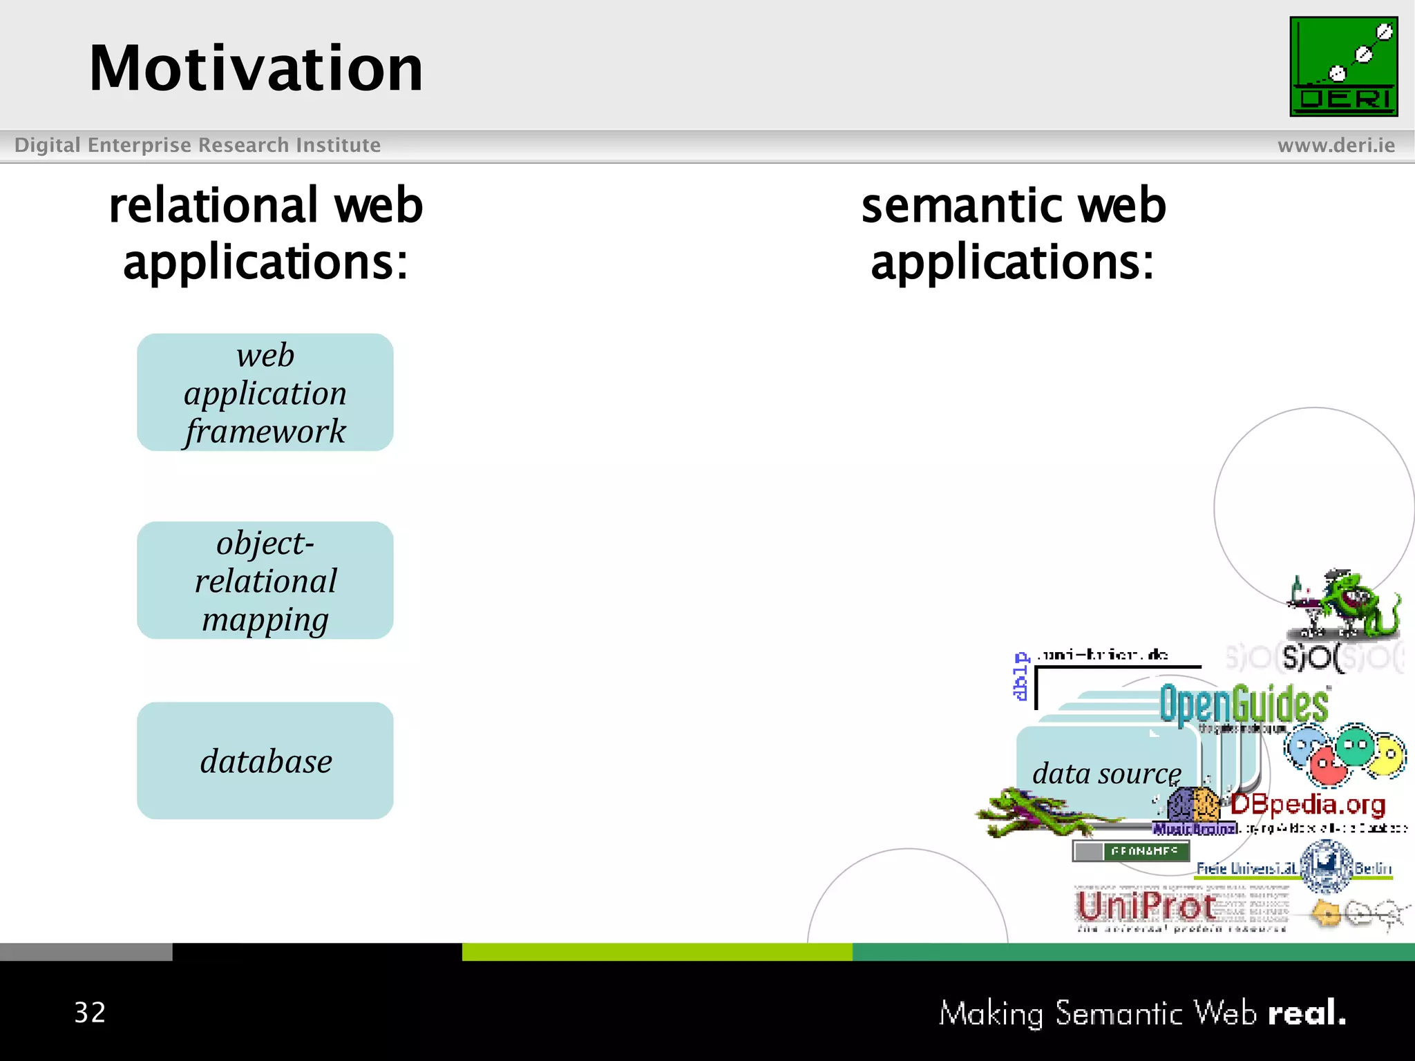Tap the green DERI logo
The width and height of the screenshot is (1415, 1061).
point(1343,66)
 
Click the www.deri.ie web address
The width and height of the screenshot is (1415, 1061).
point(1336,145)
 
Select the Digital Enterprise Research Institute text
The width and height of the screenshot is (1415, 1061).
point(198,145)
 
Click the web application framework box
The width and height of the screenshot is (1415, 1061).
point(265,392)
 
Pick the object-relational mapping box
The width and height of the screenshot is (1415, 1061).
point(265,580)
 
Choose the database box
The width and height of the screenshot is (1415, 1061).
point(265,761)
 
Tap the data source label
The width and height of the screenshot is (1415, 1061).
point(1106,773)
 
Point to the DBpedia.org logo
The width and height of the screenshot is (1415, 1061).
point(1308,805)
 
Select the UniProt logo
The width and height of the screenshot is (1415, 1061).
point(1147,906)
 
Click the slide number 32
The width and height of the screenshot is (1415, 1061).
point(90,1013)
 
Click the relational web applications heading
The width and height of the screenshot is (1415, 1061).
point(265,233)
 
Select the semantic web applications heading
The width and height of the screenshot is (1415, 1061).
point(1013,233)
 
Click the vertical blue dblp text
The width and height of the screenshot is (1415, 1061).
point(1020,676)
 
